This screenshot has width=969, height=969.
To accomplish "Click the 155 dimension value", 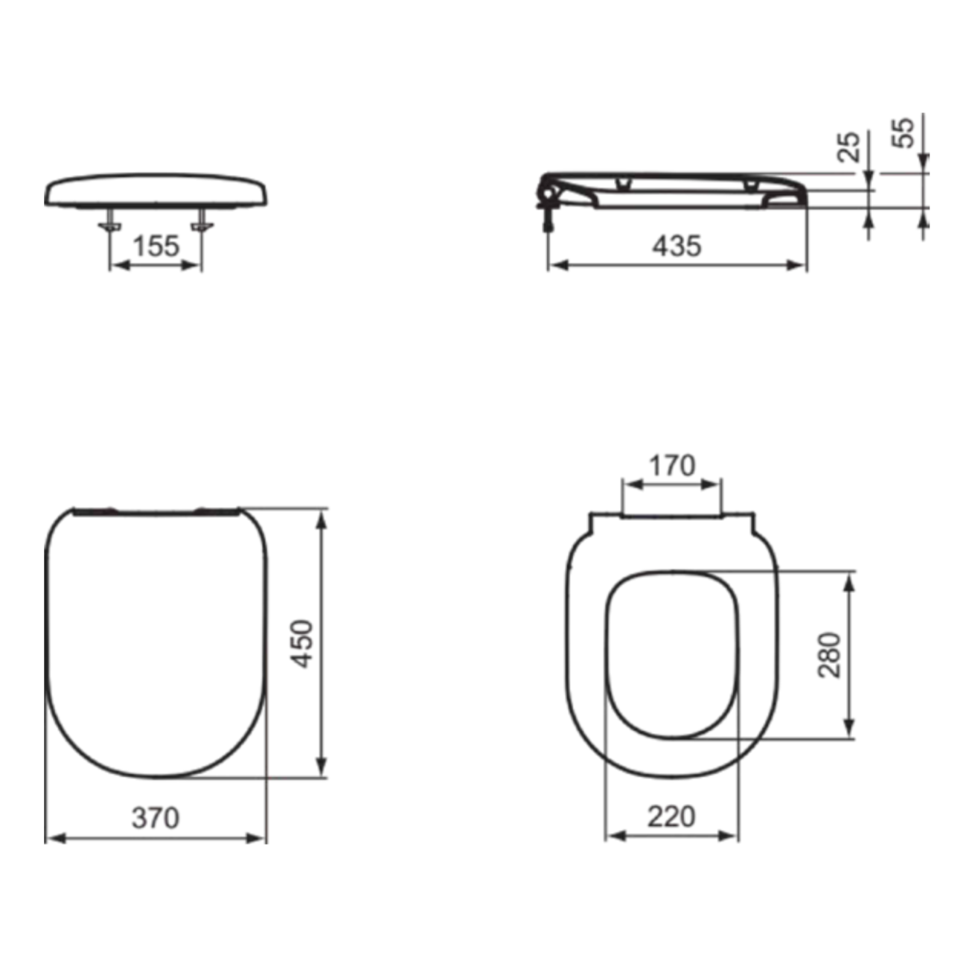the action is pos(156,246).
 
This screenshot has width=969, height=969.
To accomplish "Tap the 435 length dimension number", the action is pos(677,246).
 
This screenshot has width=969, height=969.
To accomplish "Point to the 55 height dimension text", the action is pos(904,132).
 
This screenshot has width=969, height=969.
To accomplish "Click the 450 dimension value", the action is pos(303,645).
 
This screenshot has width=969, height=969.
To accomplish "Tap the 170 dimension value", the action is pos(672,466).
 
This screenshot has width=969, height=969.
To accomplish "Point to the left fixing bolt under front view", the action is pos(109,220).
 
